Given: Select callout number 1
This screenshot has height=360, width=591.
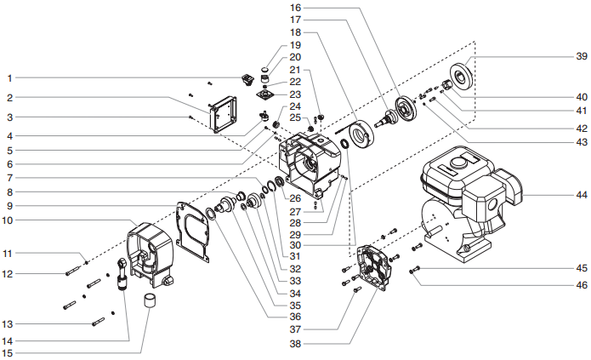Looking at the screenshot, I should pos(9,78).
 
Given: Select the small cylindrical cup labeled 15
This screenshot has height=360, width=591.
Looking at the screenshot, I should pos(150,301).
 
